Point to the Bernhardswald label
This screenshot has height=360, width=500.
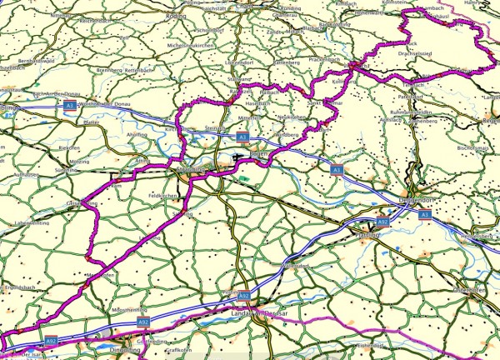37,61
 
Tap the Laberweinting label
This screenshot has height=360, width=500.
34,222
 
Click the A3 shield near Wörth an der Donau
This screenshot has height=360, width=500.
72,107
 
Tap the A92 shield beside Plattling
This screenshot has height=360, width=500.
382,222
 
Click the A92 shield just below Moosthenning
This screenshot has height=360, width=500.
142,321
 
